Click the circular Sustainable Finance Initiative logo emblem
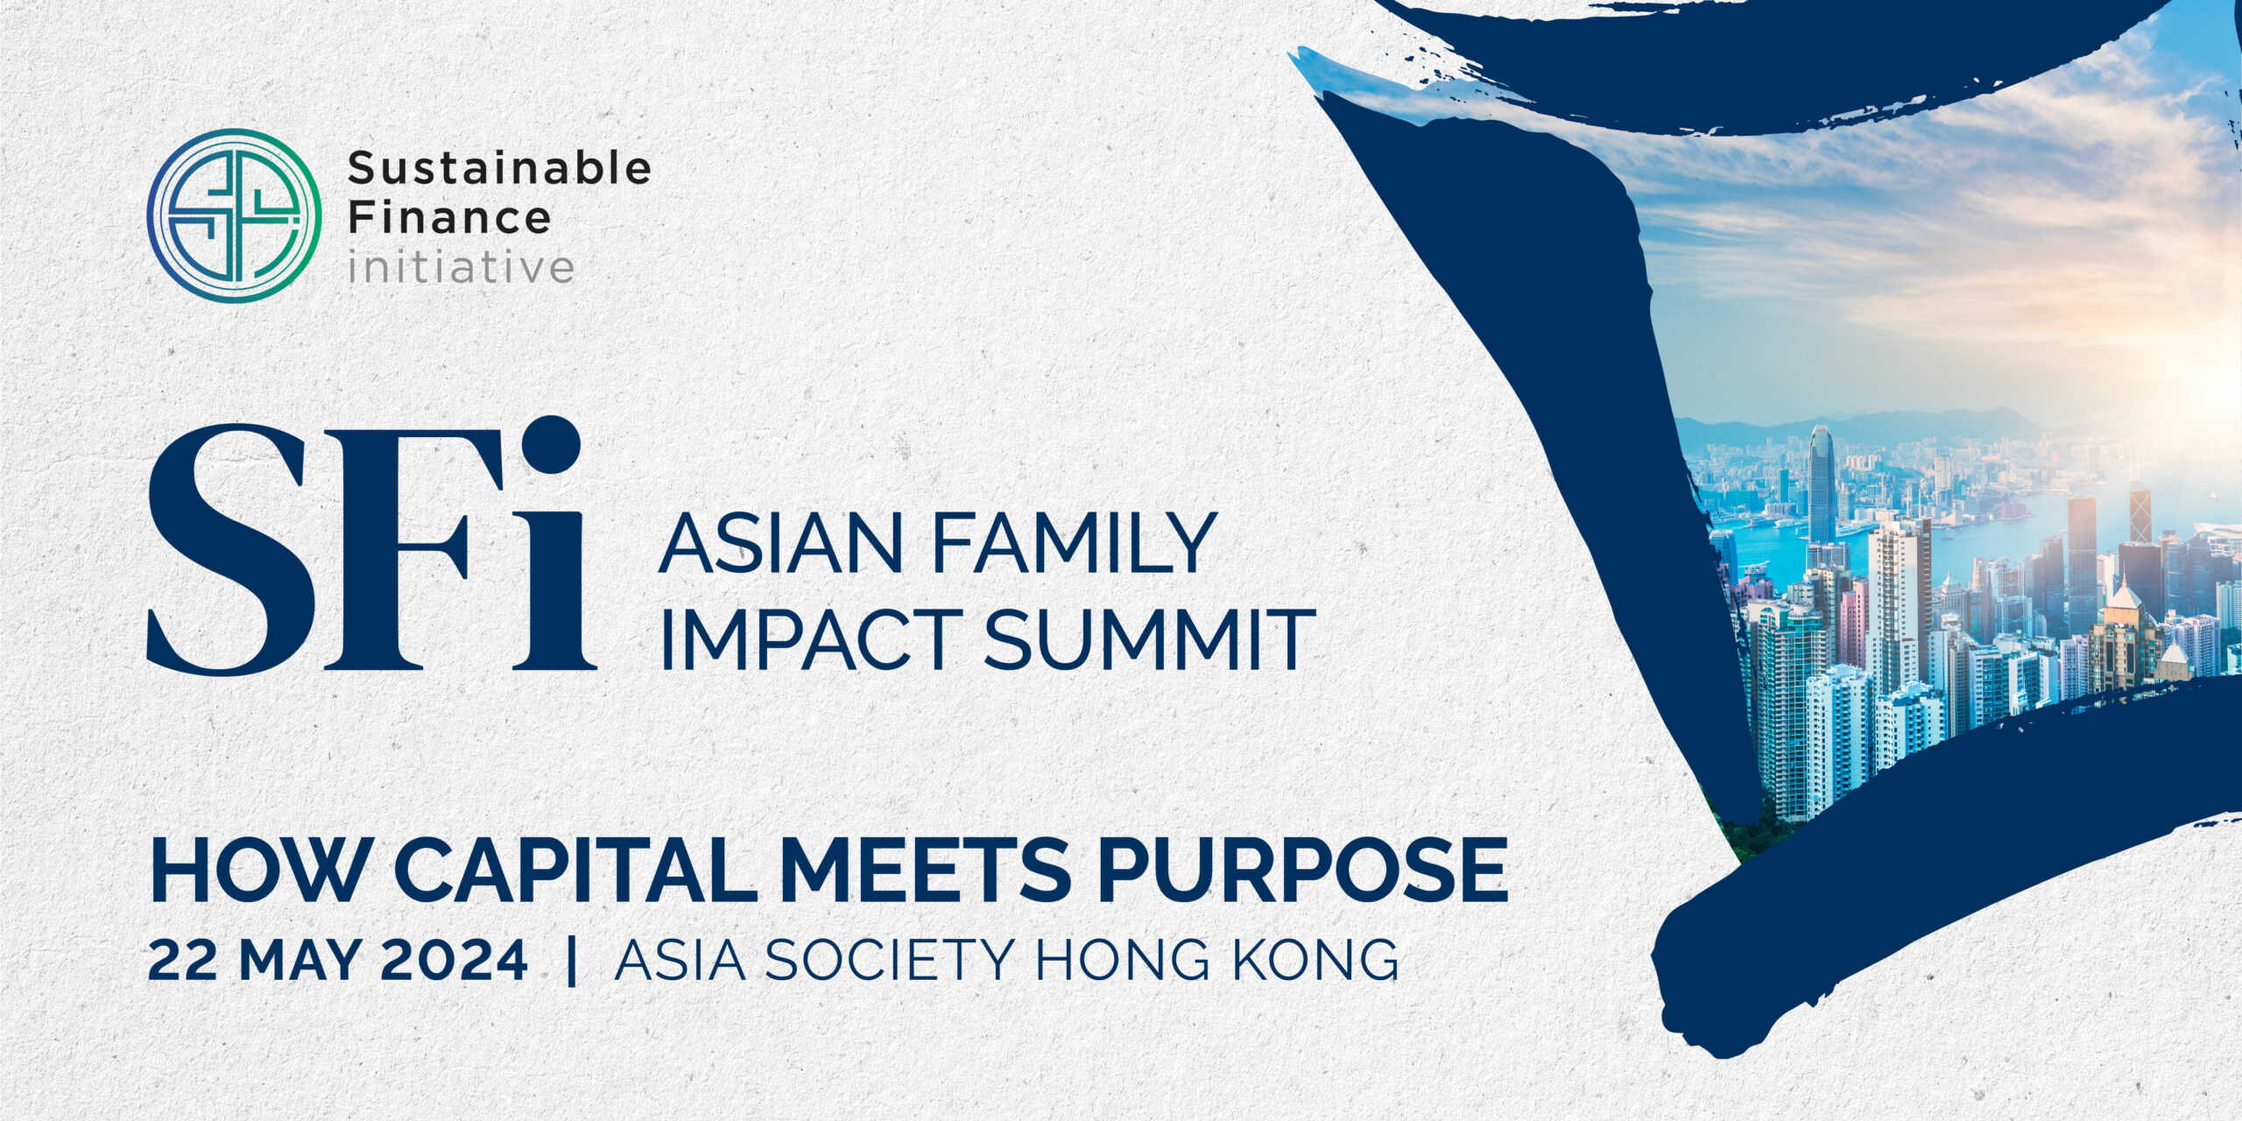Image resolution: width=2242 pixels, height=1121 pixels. click(x=234, y=215)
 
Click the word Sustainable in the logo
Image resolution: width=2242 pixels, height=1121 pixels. click(x=499, y=167)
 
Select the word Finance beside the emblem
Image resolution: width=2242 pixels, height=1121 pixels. click(x=449, y=216)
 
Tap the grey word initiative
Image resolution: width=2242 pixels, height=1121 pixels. click(x=461, y=265)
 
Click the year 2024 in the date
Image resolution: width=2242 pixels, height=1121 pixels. click(x=455, y=960)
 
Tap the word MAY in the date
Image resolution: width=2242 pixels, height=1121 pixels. click(x=298, y=960)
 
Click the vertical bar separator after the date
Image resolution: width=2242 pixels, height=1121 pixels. click(x=572, y=961)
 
